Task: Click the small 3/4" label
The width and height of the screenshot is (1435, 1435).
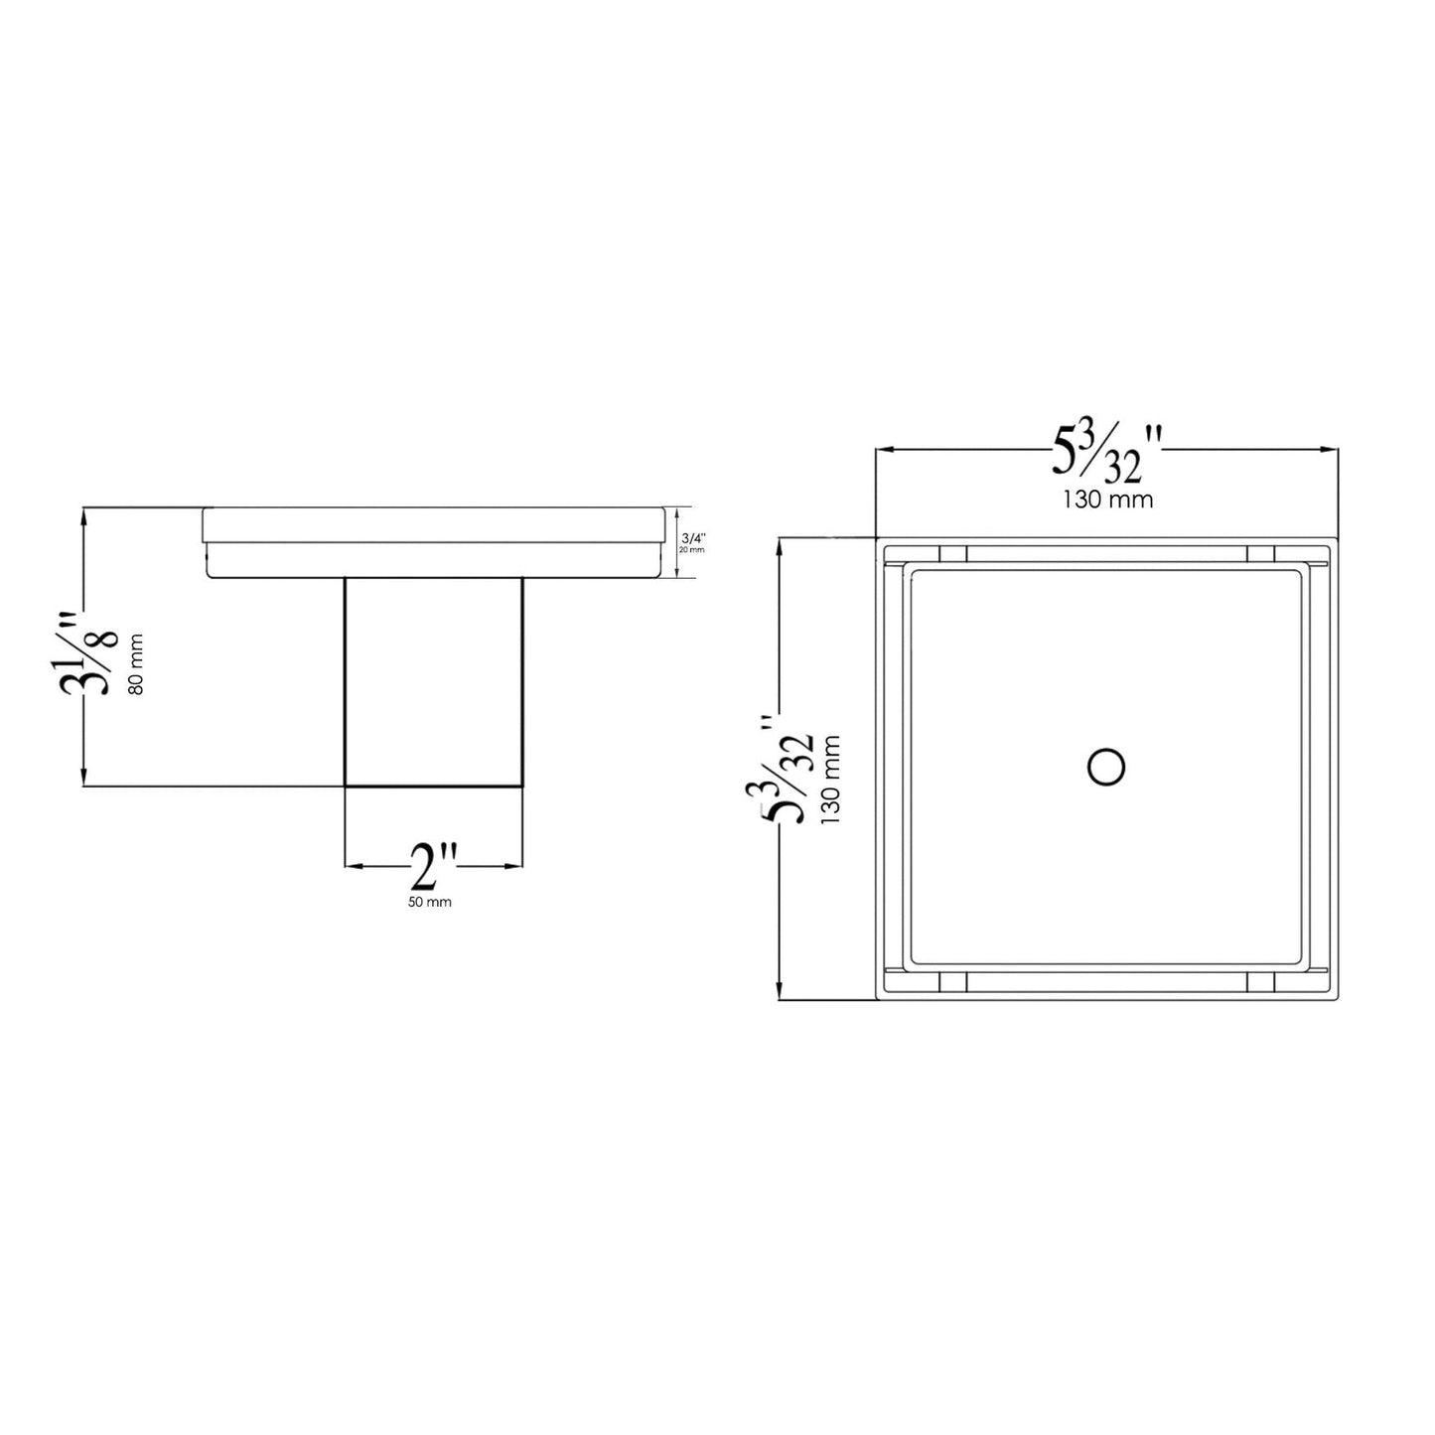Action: tap(692, 539)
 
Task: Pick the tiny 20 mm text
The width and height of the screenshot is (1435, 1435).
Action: tap(692, 549)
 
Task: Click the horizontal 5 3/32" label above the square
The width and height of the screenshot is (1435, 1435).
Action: tap(1105, 452)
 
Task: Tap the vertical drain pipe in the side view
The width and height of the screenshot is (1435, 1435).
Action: tap(433, 682)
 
